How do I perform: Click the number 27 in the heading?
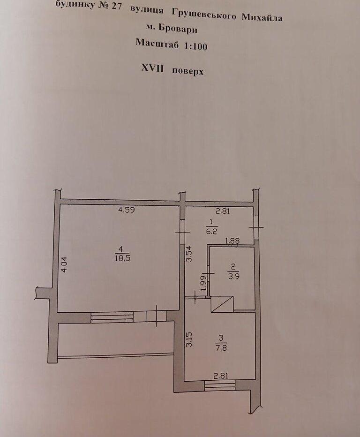click(x=114, y=8)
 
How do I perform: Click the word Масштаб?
click(x=154, y=43)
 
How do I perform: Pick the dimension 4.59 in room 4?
click(x=126, y=210)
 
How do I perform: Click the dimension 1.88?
click(x=232, y=241)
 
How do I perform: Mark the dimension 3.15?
click(x=189, y=339)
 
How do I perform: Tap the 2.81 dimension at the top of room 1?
click(x=223, y=211)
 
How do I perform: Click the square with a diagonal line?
click(x=222, y=304)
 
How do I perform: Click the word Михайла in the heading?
click(x=262, y=18)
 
